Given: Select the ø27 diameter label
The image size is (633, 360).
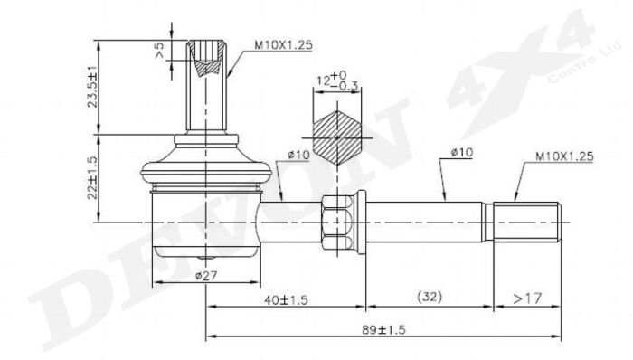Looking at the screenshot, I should (208, 276).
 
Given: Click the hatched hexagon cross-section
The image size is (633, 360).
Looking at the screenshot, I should (340, 137).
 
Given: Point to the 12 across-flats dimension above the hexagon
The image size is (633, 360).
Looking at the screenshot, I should (337, 82).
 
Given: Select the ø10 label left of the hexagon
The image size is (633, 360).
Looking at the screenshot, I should (299, 155).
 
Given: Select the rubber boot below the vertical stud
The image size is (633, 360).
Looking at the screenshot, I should (207, 171).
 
